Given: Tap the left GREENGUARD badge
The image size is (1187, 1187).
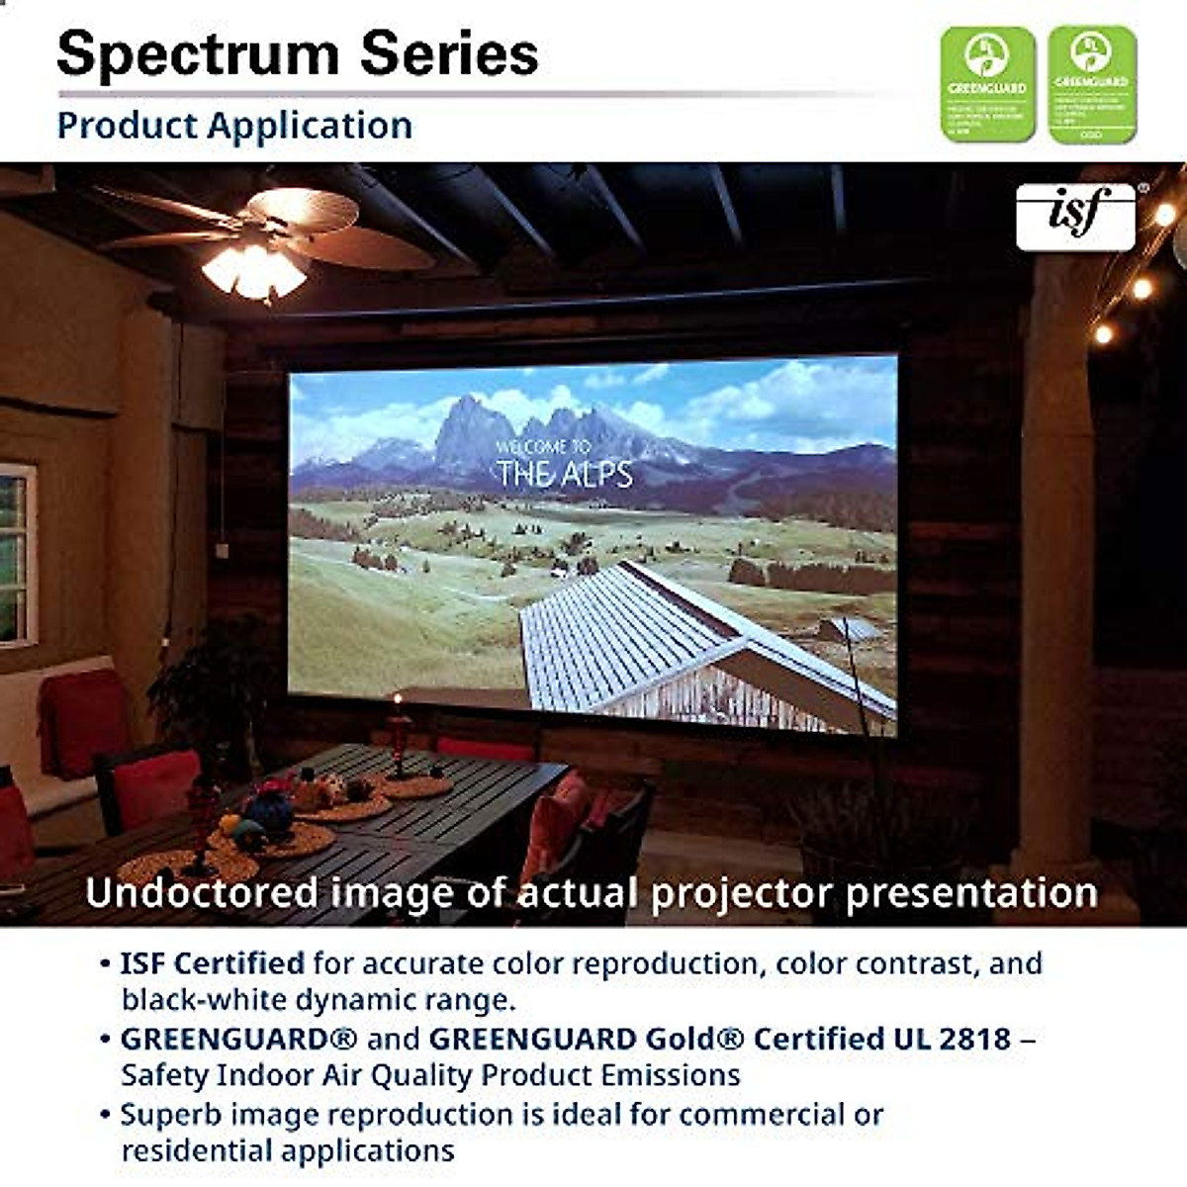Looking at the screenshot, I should (x=986, y=84).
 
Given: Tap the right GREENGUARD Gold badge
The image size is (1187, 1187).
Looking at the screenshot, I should (x=1092, y=84).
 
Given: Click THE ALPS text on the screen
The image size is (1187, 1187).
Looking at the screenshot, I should (x=565, y=475).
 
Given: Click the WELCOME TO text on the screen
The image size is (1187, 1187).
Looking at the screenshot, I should (x=543, y=448).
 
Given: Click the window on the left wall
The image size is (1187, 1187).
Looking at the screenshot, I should (x=15, y=554).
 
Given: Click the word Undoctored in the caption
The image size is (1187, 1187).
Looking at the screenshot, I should (x=203, y=893).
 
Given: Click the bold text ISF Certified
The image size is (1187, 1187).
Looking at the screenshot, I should (x=212, y=962).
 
